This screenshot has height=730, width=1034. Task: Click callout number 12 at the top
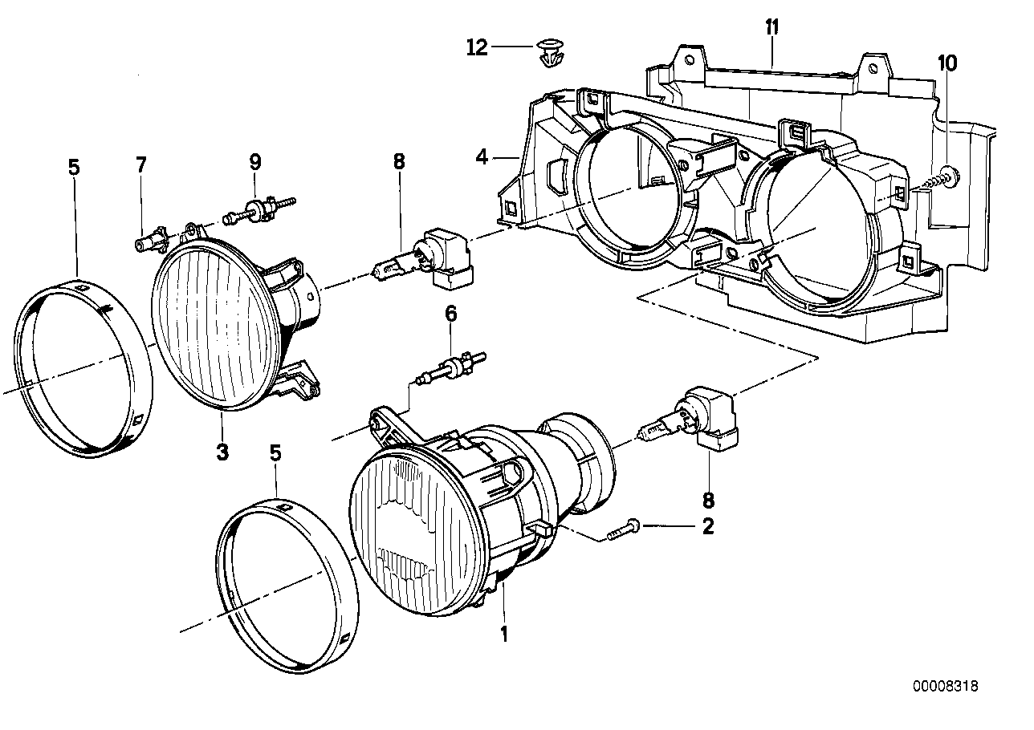pyautogui.click(x=477, y=48)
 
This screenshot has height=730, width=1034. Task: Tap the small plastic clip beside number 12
pyautogui.click(x=548, y=54)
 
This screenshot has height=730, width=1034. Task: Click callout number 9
pyautogui.click(x=255, y=162)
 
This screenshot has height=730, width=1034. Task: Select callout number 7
pyautogui.click(x=141, y=165)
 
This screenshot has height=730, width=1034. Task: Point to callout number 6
pyautogui.click(x=451, y=314)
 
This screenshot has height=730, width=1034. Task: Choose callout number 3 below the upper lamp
pyautogui.click(x=222, y=452)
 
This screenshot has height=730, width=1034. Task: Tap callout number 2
pyautogui.click(x=707, y=527)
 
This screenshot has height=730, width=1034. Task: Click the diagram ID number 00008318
pyautogui.click(x=945, y=687)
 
